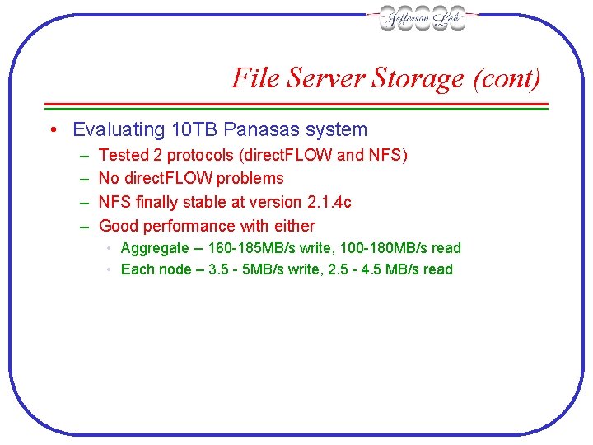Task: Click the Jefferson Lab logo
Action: (423, 18)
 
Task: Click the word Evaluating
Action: (118, 129)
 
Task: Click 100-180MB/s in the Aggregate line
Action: (382, 248)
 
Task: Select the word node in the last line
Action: (173, 269)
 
